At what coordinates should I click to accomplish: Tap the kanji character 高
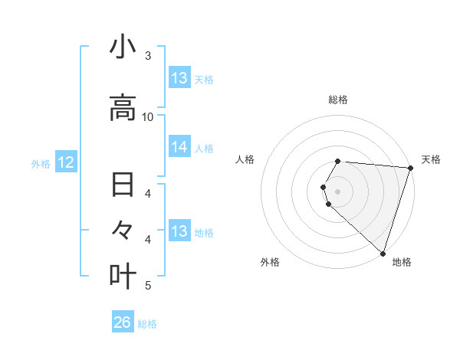[123, 108]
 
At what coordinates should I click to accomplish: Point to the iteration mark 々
[123, 230]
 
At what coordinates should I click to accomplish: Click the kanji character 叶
[123, 275]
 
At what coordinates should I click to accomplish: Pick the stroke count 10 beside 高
[148, 116]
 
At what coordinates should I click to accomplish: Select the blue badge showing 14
[179, 147]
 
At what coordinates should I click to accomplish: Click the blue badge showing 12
[65, 162]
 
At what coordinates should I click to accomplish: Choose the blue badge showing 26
[122, 322]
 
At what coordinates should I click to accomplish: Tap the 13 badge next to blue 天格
[179, 78]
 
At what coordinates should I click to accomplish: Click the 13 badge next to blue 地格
[179, 231]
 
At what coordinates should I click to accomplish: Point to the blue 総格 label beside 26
[147, 324]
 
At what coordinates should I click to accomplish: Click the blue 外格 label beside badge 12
[41, 164]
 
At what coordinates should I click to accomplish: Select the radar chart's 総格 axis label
[337, 100]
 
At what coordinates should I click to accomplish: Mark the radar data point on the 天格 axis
[410, 168]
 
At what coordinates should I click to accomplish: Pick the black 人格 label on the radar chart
[245, 159]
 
